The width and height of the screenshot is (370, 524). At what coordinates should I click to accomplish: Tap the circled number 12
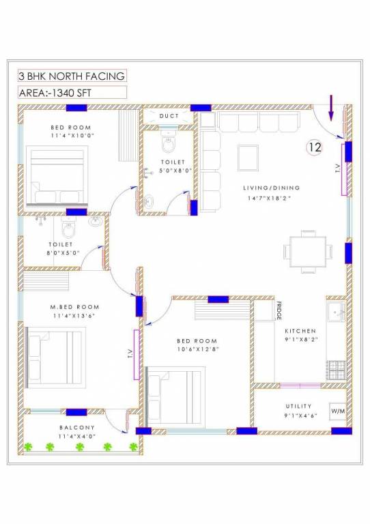(314, 147)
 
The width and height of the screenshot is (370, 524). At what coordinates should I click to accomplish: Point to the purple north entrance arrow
(332, 107)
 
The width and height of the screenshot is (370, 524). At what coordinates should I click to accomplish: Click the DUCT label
(169, 116)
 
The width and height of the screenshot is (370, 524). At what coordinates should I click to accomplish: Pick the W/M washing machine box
(338, 411)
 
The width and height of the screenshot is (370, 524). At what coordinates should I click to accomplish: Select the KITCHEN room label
(300, 330)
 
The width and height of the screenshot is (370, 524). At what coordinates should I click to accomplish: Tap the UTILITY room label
(299, 406)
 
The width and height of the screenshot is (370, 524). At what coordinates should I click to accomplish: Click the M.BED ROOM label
(75, 307)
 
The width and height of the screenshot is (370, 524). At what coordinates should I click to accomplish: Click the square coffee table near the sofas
(248, 158)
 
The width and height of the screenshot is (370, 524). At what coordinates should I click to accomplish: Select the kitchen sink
(336, 313)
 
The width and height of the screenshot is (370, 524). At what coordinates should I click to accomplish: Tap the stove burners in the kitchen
(337, 370)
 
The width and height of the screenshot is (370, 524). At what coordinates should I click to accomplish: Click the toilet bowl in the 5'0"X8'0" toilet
(169, 145)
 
